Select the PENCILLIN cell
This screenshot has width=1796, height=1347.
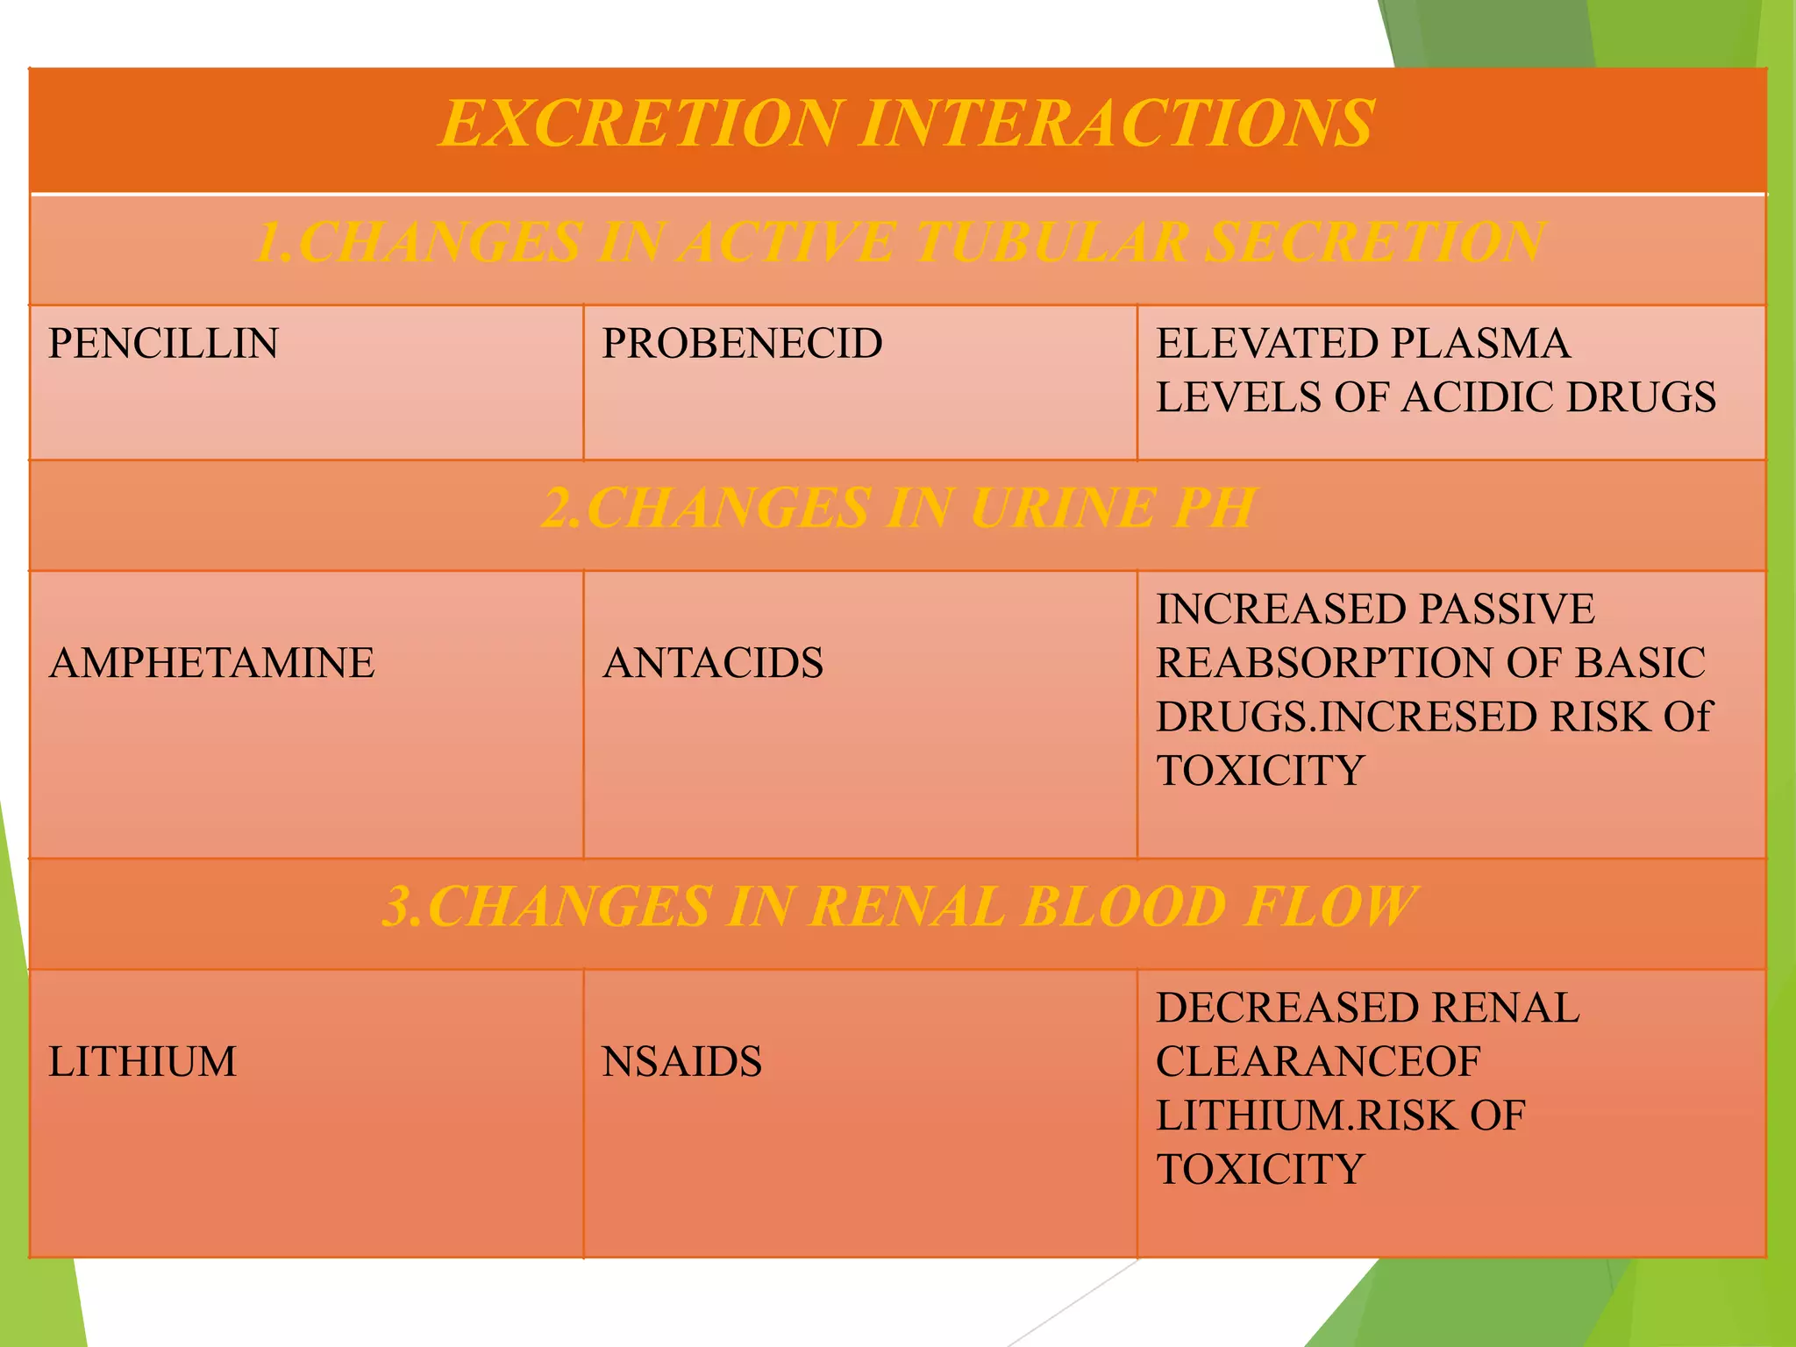click(x=164, y=343)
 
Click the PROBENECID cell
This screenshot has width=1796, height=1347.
click(x=742, y=343)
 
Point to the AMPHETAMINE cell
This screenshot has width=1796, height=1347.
click(x=211, y=662)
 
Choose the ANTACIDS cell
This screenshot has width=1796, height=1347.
click(x=712, y=662)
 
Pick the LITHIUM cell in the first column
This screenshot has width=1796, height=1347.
click(x=142, y=1061)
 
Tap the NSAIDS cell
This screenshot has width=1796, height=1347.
click(x=681, y=1061)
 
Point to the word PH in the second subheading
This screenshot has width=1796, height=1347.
click(x=1214, y=509)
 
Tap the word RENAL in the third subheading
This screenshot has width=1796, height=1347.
click(x=907, y=907)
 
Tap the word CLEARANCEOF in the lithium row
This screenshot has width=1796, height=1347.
click(x=1317, y=1061)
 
